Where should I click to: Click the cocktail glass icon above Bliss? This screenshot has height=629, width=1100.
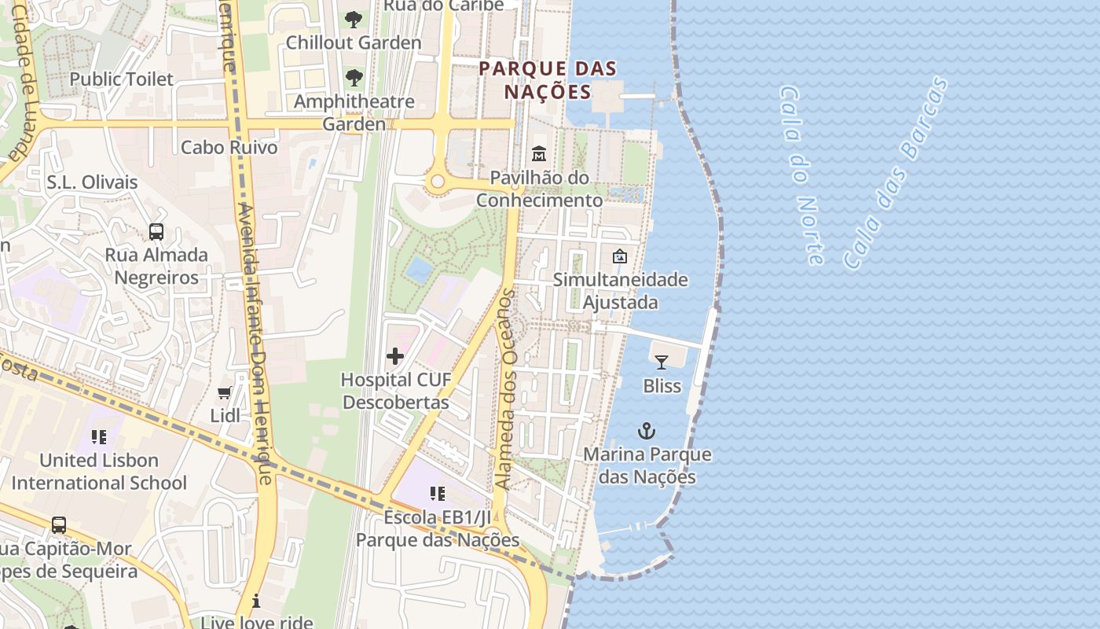661,362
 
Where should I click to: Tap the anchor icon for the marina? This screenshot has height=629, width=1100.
647,430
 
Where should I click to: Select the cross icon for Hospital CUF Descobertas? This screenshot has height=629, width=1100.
395,356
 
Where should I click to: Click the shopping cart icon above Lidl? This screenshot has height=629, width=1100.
225,392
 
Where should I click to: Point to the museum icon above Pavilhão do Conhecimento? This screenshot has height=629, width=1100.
539,153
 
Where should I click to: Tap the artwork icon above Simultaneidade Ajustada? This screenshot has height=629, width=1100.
620,256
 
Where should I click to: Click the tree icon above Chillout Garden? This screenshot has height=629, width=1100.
354,19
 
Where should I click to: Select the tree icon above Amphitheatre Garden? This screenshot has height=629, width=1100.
354,77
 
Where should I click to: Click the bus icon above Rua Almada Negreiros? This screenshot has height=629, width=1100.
156,231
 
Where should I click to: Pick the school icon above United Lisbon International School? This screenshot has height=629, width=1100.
99,436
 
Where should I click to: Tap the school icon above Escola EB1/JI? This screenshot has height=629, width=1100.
438,494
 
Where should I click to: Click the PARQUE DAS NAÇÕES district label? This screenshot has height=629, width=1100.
548,80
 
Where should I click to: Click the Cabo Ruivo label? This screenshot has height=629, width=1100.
229,147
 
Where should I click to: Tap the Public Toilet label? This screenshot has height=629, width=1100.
122,79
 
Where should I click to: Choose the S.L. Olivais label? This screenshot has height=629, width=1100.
92,182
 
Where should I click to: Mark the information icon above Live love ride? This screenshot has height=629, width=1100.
256,601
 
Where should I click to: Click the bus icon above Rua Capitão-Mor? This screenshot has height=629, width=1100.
58,524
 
